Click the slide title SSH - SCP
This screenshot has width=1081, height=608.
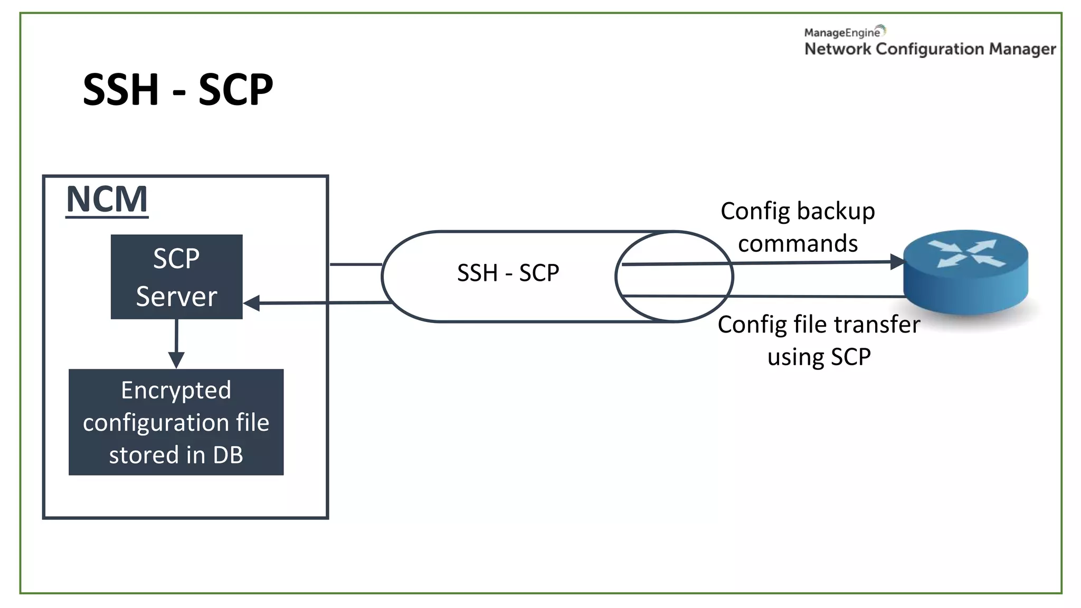tap(178, 90)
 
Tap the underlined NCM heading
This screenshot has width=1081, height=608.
tap(107, 199)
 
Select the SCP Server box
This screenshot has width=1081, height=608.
tap(176, 277)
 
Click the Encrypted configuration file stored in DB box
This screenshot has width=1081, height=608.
tap(176, 422)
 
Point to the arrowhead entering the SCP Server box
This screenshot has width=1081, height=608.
tap(252, 303)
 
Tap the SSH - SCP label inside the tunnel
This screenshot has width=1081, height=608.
tap(508, 273)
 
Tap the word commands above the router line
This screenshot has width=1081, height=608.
tap(798, 244)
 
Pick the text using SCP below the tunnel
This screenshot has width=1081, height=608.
tap(819, 357)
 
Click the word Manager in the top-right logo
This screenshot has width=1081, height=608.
tap(1022, 49)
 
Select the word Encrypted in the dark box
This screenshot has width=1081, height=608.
tap(176, 391)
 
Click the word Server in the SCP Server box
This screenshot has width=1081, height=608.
tap(176, 296)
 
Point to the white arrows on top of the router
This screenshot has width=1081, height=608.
tap(966, 253)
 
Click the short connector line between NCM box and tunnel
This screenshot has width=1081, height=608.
tap(355, 264)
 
